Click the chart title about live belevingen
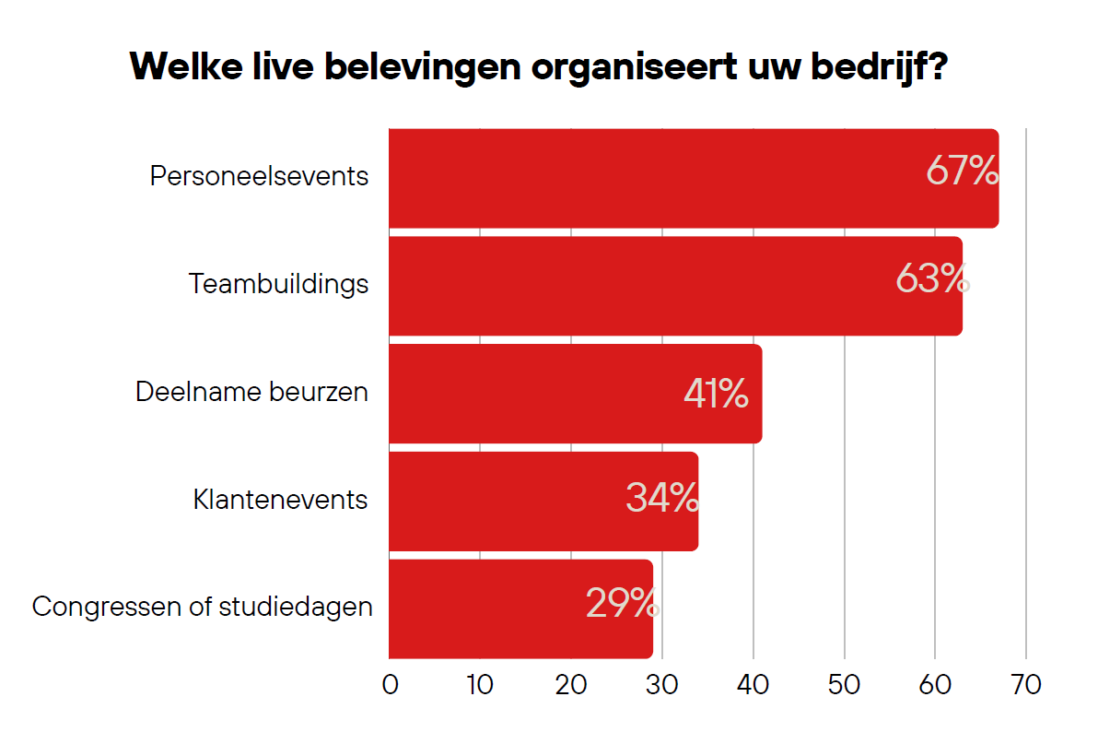click(539, 66)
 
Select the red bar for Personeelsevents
click(645, 178)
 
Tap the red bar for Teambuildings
click(626, 286)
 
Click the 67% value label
click(962, 171)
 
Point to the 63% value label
click(932, 279)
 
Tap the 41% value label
click(716, 394)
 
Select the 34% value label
click(662, 499)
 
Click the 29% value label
click(623, 604)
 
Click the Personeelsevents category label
click(259, 176)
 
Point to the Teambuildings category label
click(278, 284)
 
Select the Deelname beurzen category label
click(251, 392)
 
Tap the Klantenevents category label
click(280, 500)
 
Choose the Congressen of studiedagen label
click(203, 608)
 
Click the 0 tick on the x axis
click(390, 685)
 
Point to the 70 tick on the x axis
click(1025, 685)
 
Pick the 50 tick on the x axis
click(844, 685)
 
